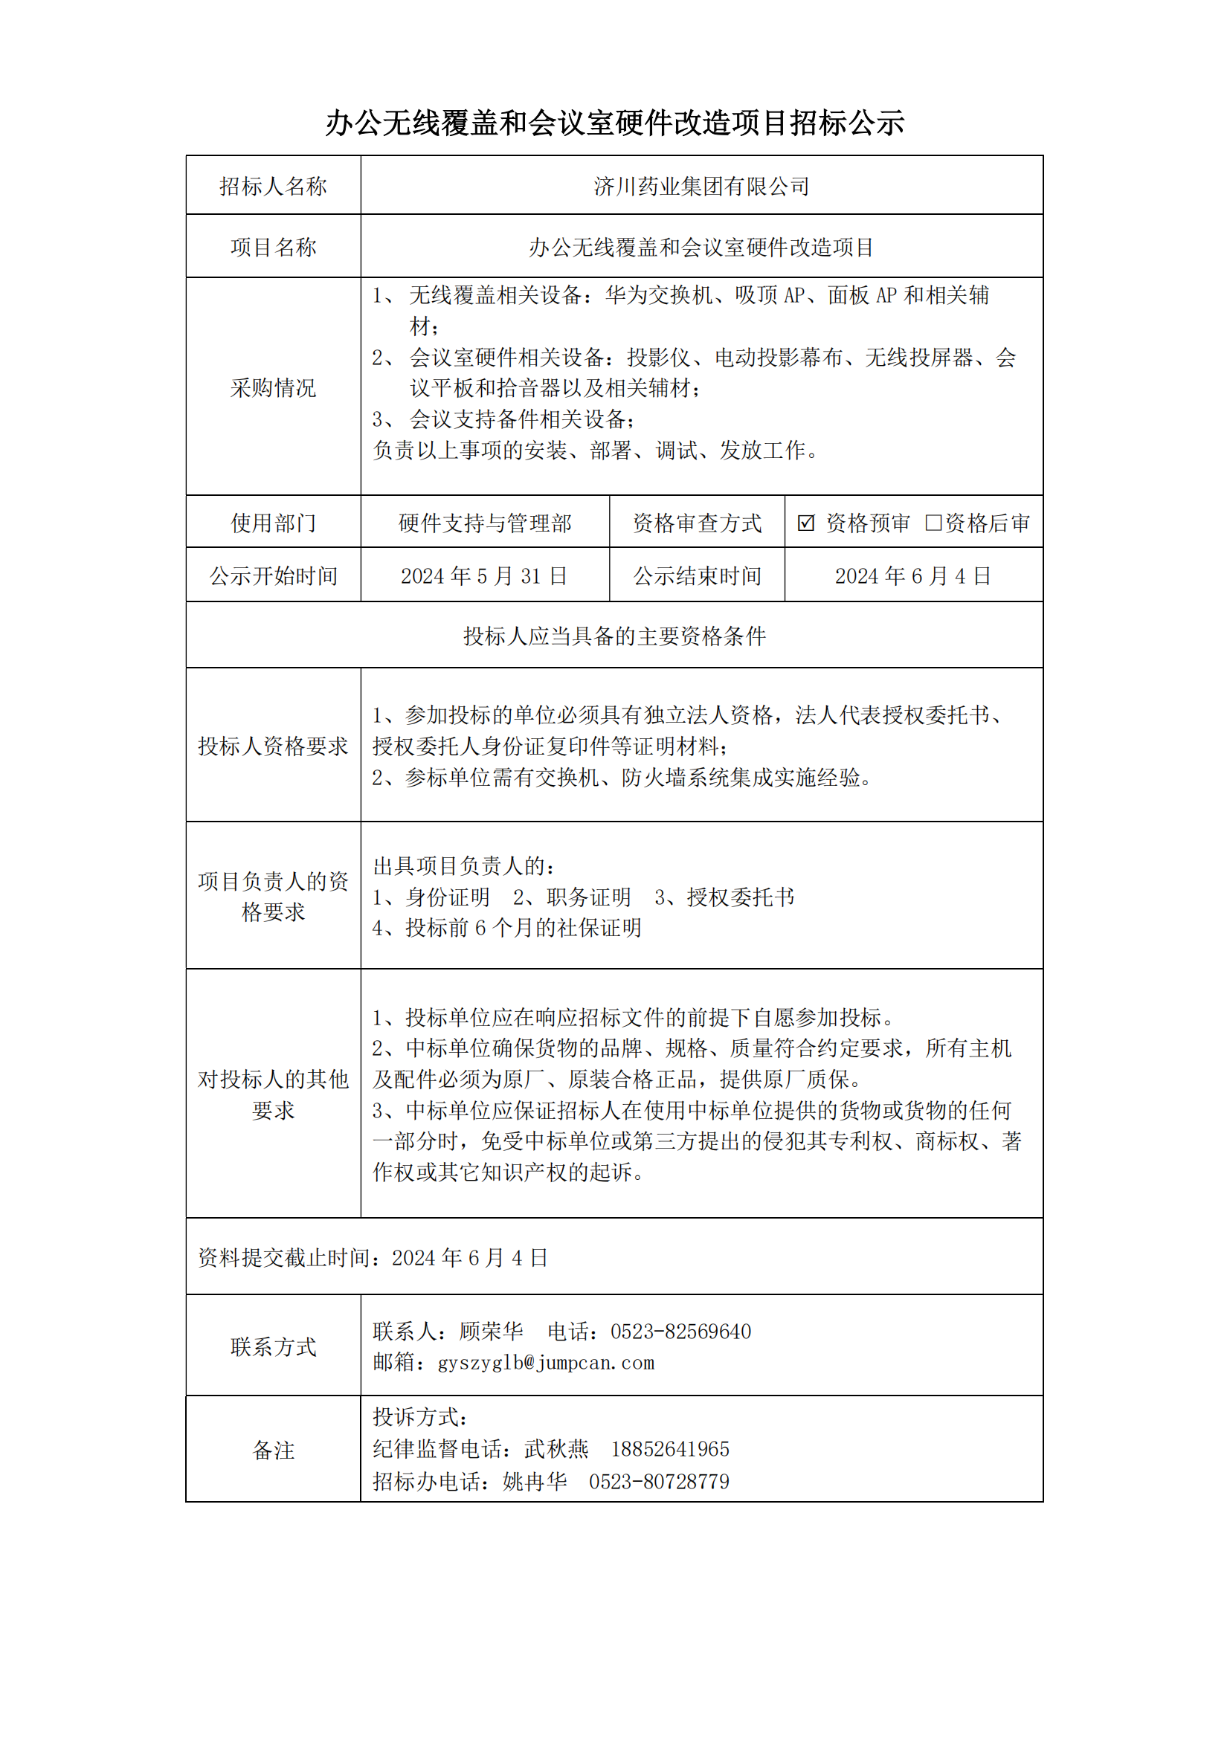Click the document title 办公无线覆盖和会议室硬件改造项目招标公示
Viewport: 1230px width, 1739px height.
tap(614, 123)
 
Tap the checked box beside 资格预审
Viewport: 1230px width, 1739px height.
tap(806, 523)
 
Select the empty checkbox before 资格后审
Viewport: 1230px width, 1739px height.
tap(933, 523)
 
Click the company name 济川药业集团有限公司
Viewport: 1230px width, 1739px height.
tap(701, 187)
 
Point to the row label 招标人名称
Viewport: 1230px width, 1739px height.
tap(273, 187)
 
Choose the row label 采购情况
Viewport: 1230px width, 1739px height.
tap(273, 388)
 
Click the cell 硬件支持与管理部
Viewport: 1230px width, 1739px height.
tap(485, 523)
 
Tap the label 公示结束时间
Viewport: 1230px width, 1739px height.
tap(697, 576)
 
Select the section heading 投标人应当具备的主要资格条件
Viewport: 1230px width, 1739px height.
tap(614, 636)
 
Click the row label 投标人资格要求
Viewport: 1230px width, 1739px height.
tap(273, 746)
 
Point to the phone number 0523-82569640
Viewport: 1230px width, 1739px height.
tap(681, 1332)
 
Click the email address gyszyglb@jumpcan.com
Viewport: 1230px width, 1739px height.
tap(545, 1363)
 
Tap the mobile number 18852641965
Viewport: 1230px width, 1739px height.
tap(670, 1449)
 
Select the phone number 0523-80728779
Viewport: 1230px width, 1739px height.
tap(659, 1482)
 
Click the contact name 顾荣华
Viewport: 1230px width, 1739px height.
tap(491, 1332)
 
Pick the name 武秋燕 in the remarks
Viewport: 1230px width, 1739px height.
tap(556, 1449)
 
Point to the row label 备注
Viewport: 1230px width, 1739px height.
tap(273, 1450)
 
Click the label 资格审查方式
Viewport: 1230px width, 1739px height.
tap(697, 523)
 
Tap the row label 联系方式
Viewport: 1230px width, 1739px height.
tap(273, 1346)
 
